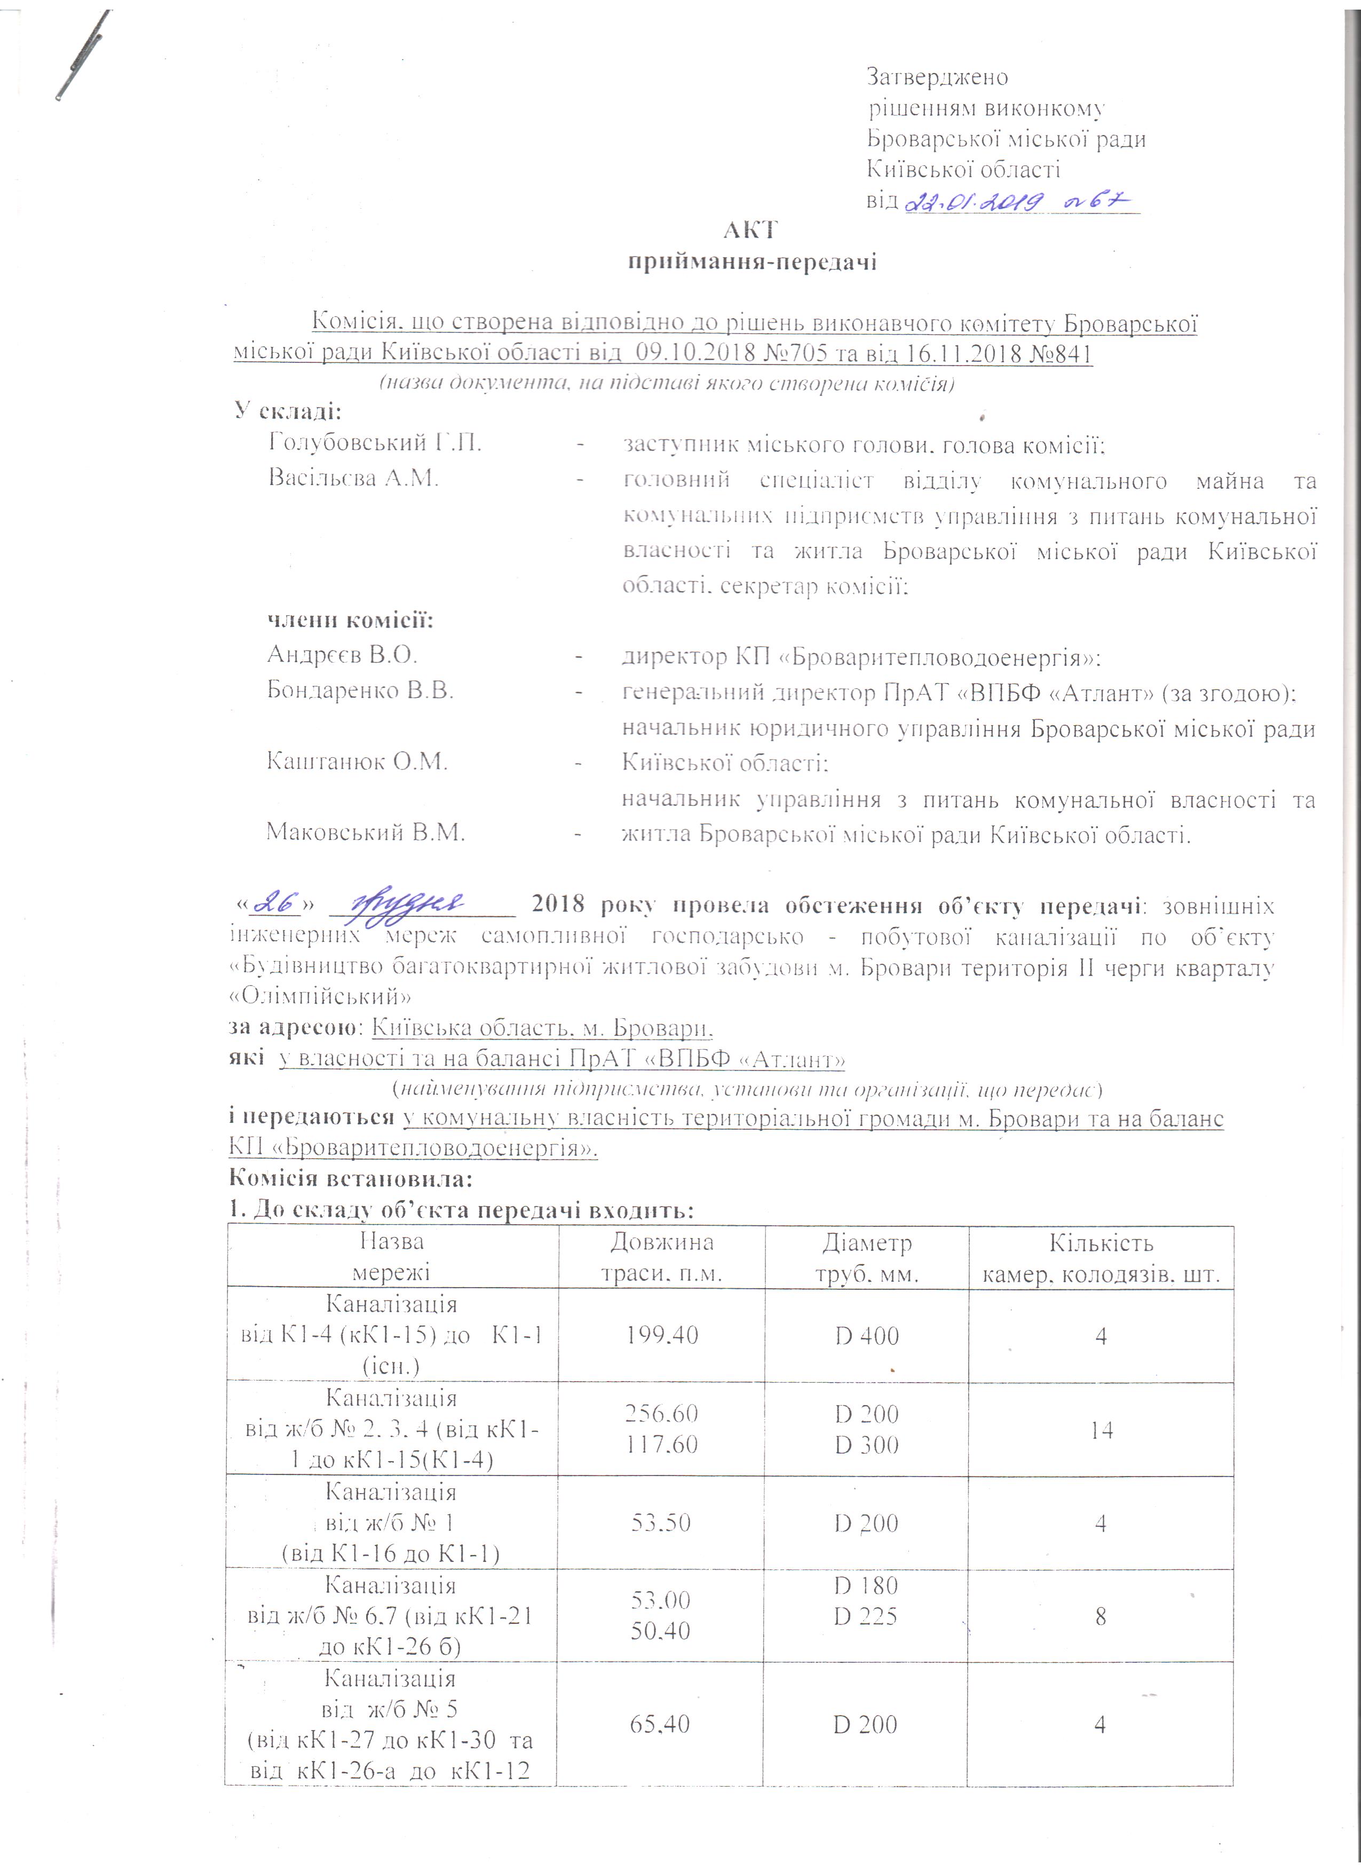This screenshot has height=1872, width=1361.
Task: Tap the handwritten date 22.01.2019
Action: [x=971, y=201]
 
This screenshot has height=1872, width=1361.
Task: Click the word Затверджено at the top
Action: [x=937, y=77]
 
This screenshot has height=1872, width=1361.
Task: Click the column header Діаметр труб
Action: [x=867, y=1258]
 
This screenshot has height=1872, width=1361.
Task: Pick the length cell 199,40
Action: [x=662, y=1336]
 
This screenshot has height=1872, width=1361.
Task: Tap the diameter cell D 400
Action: [x=867, y=1336]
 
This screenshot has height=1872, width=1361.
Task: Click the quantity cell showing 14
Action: [x=1101, y=1430]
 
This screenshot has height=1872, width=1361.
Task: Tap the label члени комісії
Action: [x=350, y=620]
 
